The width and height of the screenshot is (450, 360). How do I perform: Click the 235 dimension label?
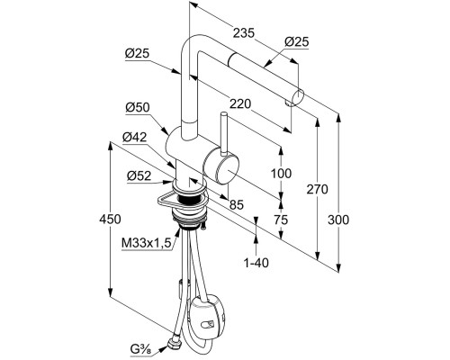[244, 33]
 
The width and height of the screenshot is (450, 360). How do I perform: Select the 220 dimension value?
[239, 104]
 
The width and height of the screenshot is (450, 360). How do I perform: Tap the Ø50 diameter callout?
[138, 107]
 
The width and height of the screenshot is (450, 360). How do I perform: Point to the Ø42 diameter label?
[134, 138]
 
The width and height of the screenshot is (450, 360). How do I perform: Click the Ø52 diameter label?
[139, 175]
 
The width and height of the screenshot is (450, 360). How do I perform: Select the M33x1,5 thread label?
[146, 243]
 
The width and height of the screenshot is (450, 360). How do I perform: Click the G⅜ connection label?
[141, 349]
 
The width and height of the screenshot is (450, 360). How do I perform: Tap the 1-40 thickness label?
[256, 263]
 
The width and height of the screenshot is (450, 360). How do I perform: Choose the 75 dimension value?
[281, 220]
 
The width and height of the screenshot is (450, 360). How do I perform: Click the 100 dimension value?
[281, 174]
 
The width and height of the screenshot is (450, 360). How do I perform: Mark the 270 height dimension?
[318, 189]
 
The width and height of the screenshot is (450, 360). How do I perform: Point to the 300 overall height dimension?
[338, 220]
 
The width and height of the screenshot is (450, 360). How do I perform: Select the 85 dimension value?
[237, 204]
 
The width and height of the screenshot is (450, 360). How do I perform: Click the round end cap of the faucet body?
[227, 168]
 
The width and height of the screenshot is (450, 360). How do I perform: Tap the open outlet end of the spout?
[298, 98]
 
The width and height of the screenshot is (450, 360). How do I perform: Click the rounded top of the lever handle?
[223, 115]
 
